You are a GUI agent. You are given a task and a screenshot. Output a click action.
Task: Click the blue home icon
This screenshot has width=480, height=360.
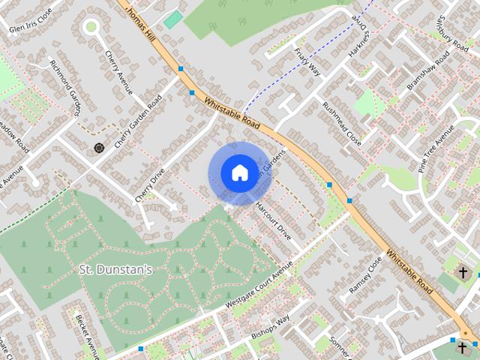[x=238, y=173]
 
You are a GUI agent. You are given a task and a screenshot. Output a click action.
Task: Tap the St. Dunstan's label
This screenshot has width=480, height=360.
[x=116, y=268]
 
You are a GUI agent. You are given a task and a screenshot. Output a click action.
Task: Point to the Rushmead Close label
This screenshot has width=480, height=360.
[x=341, y=124]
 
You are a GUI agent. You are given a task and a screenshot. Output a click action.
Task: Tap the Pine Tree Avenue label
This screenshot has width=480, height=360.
[x=436, y=150]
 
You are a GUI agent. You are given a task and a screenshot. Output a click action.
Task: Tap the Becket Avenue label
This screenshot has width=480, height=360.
[x=87, y=333]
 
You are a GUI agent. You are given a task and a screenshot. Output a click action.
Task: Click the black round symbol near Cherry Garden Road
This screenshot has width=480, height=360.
[x=98, y=148]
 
